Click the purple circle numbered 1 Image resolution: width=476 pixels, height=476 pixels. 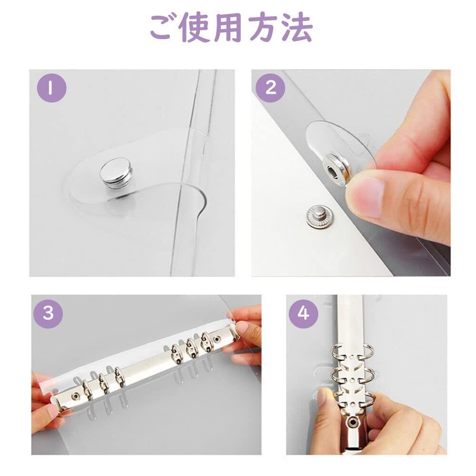51,88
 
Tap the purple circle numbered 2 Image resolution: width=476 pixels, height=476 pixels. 271,88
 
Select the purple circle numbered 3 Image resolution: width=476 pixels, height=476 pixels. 48,313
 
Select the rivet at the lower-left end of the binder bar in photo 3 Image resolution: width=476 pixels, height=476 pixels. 75,396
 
